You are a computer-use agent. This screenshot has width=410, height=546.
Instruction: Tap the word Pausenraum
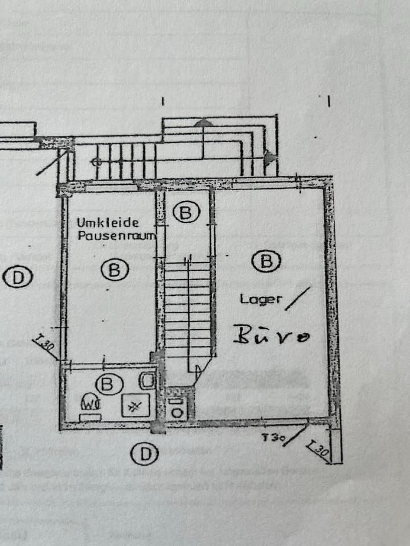click(x=116, y=235)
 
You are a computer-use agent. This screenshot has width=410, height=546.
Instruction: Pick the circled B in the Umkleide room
click(x=114, y=269)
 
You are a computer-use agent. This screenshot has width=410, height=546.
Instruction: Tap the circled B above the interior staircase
click(x=185, y=213)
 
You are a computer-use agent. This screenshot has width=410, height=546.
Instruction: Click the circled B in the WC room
click(x=106, y=384)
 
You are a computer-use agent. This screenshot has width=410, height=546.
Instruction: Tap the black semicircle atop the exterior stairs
click(x=203, y=122)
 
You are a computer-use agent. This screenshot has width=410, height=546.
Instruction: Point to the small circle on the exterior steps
click(x=97, y=162)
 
